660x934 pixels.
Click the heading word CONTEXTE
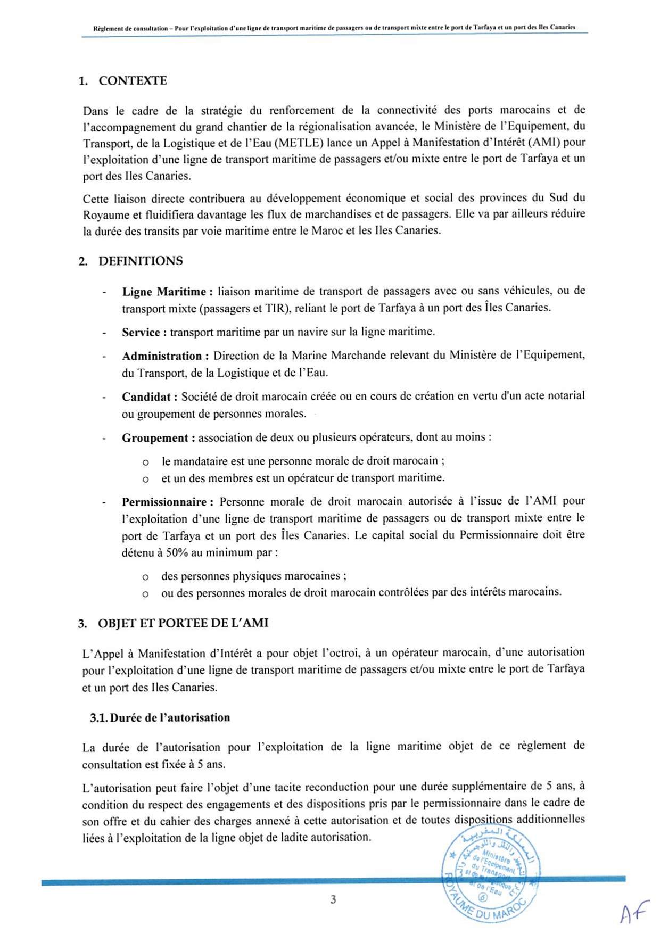point(133,81)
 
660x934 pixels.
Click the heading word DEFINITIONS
point(141,261)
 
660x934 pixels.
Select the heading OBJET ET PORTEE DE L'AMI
point(183,623)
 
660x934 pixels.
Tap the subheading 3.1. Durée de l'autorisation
point(160,718)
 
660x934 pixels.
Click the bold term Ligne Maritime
point(167,292)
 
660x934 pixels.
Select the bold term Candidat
point(149,397)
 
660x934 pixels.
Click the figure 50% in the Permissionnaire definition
point(177,552)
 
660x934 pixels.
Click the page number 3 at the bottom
point(333,900)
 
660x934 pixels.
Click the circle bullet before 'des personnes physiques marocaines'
point(145,577)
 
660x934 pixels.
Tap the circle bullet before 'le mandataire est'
point(145,462)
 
